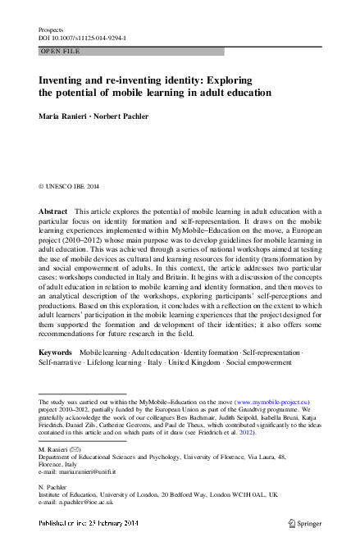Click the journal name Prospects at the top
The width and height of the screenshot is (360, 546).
pyautogui.click(x=51, y=30)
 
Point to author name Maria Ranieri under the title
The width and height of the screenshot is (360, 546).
pyautogui.click(x=63, y=117)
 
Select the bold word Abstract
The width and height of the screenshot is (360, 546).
pyautogui.click(x=53, y=212)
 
